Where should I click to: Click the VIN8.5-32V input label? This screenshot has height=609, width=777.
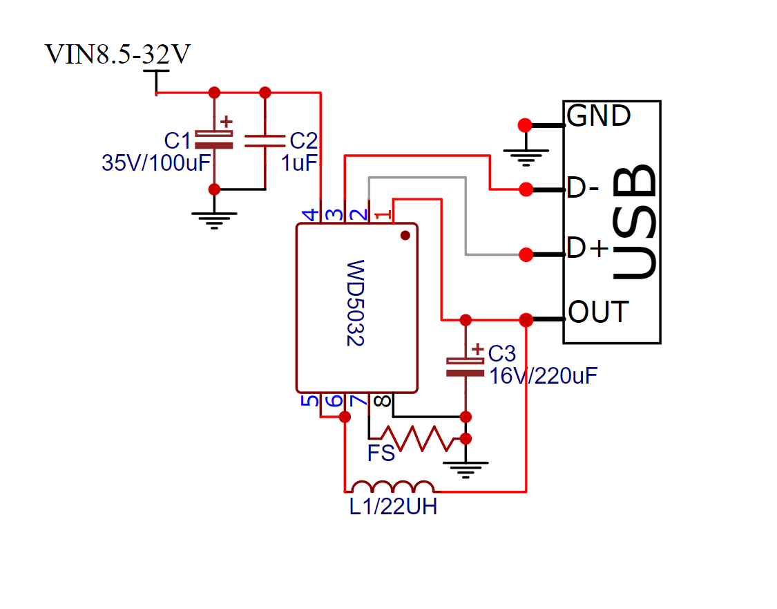pyautogui.click(x=117, y=54)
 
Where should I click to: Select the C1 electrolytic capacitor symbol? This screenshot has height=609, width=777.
pyautogui.click(x=214, y=140)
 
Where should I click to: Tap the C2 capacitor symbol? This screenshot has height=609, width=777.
pyautogui.click(x=265, y=141)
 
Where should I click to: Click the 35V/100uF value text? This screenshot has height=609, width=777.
pyautogui.click(x=156, y=162)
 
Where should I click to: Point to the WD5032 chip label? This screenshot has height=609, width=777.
pyautogui.click(x=355, y=303)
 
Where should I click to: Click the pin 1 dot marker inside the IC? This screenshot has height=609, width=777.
pyautogui.click(x=405, y=236)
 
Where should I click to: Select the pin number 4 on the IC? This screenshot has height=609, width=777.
pyautogui.click(x=311, y=215)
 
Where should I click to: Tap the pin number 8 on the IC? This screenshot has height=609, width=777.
pyautogui.click(x=382, y=400)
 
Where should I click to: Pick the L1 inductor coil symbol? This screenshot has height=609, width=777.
pyautogui.click(x=392, y=487)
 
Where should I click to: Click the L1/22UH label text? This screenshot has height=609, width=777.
pyautogui.click(x=394, y=507)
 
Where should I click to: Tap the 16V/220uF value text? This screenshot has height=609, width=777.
pyautogui.click(x=544, y=376)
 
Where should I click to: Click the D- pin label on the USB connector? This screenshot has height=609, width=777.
pyautogui.click(x=583, y=188)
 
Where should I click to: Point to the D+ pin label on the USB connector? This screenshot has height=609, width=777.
pyautogui.click(x=588, y=247)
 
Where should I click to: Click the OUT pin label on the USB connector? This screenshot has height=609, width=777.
pyautogui.click(x=599, y=312)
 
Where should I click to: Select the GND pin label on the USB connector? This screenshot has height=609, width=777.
pyautogui.click(x=599, y=115)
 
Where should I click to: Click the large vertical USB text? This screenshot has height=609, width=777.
pyautogui.click(x=634, y=222)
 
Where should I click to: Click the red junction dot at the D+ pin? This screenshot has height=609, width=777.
pyautogui.click(x=526, y=255)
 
